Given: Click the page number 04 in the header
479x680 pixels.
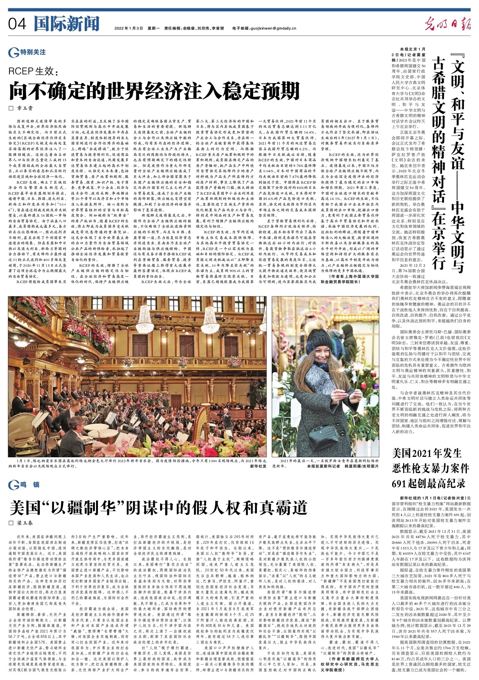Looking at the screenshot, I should pos(17,24).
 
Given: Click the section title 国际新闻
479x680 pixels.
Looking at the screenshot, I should pos(66,24).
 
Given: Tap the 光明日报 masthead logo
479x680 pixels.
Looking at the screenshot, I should pos(447,24).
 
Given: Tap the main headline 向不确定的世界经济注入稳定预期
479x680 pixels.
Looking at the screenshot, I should pos(154,91).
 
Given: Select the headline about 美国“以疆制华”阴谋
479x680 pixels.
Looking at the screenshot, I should pos(158,507).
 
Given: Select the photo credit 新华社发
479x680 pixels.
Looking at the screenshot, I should pos(258,466).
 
